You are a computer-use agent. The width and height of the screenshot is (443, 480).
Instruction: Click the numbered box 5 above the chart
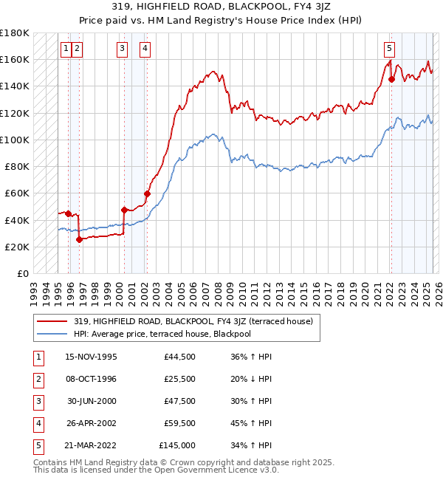pyautogui.click(x=389, y=49)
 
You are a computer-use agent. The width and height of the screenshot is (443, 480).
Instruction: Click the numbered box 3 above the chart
pyautogui.click(x=122, y=49)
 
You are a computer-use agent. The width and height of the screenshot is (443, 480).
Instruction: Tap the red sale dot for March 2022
pyautogui.click(x=391, y=80)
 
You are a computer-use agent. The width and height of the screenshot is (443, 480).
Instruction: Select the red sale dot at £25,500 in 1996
pyautogui.click(x=79, y=239)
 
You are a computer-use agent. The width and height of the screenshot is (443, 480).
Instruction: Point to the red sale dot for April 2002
pyautogui.click(x=147, y=194)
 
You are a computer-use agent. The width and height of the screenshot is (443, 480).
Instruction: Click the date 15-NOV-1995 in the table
pyautogui.click(x=91, y=357)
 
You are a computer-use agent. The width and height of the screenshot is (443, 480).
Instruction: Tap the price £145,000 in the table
pyautogui.click(x=176, y=445)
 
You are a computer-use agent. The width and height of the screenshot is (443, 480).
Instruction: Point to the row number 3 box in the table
pyautogui.click(x=37, y=401)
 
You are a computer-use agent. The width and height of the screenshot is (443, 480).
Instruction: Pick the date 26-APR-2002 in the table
pyautogui.click(x=91, y=423)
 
